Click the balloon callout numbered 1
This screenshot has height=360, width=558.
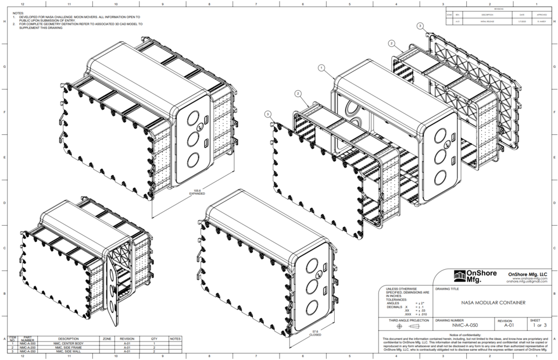(321, 68)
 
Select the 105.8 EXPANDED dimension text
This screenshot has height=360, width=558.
(197, 192)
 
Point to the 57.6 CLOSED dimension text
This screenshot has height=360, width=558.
(316, 333)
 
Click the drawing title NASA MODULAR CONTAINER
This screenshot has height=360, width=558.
(493, 302)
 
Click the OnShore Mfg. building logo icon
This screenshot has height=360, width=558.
(460, 275)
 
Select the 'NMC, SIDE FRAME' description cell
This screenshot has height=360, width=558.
(68, 347)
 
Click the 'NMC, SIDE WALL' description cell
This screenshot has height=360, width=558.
(68, 351)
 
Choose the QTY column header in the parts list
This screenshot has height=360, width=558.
(154, 338)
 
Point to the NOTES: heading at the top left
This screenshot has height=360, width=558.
(18, 13)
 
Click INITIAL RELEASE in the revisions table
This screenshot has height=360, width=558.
(487, 21)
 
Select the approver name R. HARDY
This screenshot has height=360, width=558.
(542, 21)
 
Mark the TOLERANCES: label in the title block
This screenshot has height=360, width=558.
(398, 300)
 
